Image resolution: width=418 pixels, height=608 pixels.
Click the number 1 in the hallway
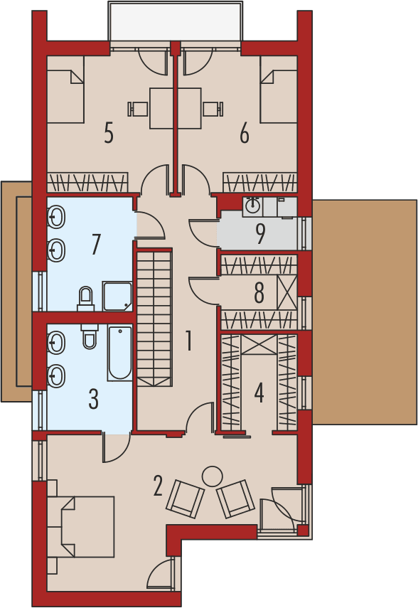pos(188,341)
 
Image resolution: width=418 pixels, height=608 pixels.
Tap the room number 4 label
pos(259,393)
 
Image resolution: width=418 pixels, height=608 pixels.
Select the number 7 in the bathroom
pos(96,244)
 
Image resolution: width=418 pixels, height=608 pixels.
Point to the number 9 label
pos(261,234)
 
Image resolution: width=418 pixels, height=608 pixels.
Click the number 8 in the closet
pos(259,292)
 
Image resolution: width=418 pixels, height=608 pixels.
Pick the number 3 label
pos(94,399)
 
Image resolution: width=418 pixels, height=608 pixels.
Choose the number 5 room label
pos(109,133)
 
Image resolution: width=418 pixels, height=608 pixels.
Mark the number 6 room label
pos(245,133)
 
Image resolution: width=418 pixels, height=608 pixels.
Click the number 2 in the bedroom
pos(158,486)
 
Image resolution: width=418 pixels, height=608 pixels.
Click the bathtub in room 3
pos(119,353)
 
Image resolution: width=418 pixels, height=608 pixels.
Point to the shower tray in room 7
pos(117,297)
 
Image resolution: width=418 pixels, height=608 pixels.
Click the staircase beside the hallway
pos(154,319)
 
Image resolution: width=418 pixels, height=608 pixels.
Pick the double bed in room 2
pos(81,527)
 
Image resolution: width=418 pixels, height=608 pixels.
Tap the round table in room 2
pos(211,475)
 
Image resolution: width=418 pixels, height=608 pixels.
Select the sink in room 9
pos(252,206)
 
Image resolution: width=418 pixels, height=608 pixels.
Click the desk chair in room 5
pos(139,109)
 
